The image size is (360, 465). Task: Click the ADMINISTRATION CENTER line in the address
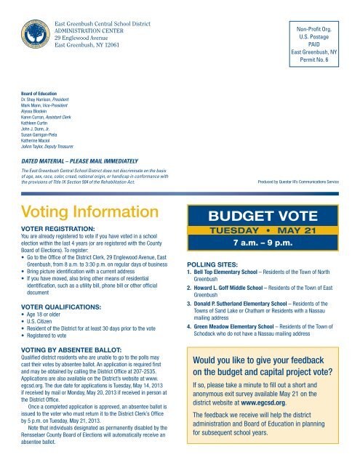tap(91, 20)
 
